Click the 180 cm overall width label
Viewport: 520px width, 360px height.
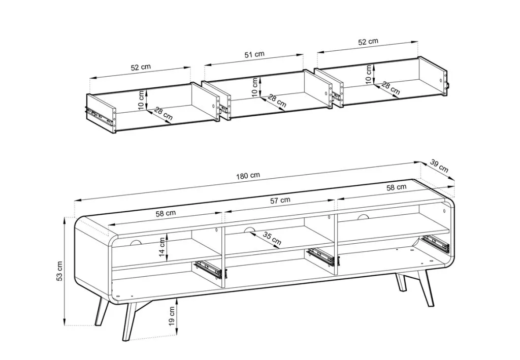(248, 175)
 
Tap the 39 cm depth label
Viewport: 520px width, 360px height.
(439, 166)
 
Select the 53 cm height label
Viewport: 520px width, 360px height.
(59, 271)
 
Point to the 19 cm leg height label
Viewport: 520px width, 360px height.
(172, 316)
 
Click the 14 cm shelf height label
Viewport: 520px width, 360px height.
(162, 247)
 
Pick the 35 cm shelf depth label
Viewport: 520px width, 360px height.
(272, 238)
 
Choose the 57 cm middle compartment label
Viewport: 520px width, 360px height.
(280, 200)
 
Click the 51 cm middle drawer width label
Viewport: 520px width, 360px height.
(254, 54)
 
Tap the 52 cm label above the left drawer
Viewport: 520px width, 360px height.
(141, 68)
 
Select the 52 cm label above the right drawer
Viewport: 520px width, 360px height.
(368, 42)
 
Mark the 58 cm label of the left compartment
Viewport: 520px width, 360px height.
(166, 213)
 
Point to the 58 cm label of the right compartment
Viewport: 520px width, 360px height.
(396, 187)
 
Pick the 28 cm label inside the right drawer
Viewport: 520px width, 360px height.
(391, 88)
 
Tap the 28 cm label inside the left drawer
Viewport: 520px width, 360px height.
(163, 114)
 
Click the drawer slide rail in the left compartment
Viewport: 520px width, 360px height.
(210, 269)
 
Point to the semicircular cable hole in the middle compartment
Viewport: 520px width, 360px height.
(249, 230)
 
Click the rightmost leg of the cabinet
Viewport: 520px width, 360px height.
(425, 288)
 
